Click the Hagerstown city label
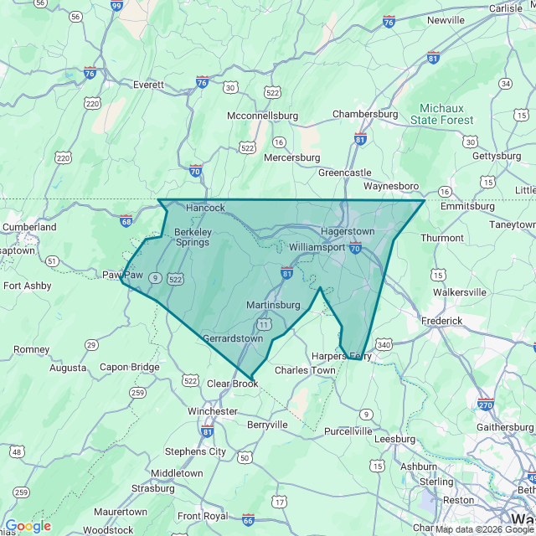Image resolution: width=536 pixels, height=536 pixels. tap(347, 231)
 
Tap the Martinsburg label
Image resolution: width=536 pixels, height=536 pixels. tap(273, 305)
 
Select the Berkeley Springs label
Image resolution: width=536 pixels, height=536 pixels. tap(192, 237)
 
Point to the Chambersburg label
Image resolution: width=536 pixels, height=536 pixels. tap(365, 114)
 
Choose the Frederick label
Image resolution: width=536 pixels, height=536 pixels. tap(441, 321)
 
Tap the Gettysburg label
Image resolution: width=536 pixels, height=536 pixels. tap(497, 156)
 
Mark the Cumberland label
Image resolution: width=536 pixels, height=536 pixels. tap(29, 227)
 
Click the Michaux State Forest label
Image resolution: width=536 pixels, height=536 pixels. tap(447, 115)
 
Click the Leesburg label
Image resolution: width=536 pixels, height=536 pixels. tap(394, 438)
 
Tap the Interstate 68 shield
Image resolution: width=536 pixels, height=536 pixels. tap(126, 221)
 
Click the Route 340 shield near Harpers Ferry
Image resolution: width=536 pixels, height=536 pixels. tap(384, 344)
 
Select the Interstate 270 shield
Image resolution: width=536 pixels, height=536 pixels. tap(486, 404)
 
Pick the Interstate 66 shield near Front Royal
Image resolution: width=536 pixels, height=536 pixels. tap(248, 519)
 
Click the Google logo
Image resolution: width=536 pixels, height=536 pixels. tap(28, 526)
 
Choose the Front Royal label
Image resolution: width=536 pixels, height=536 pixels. tap(202, 516)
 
